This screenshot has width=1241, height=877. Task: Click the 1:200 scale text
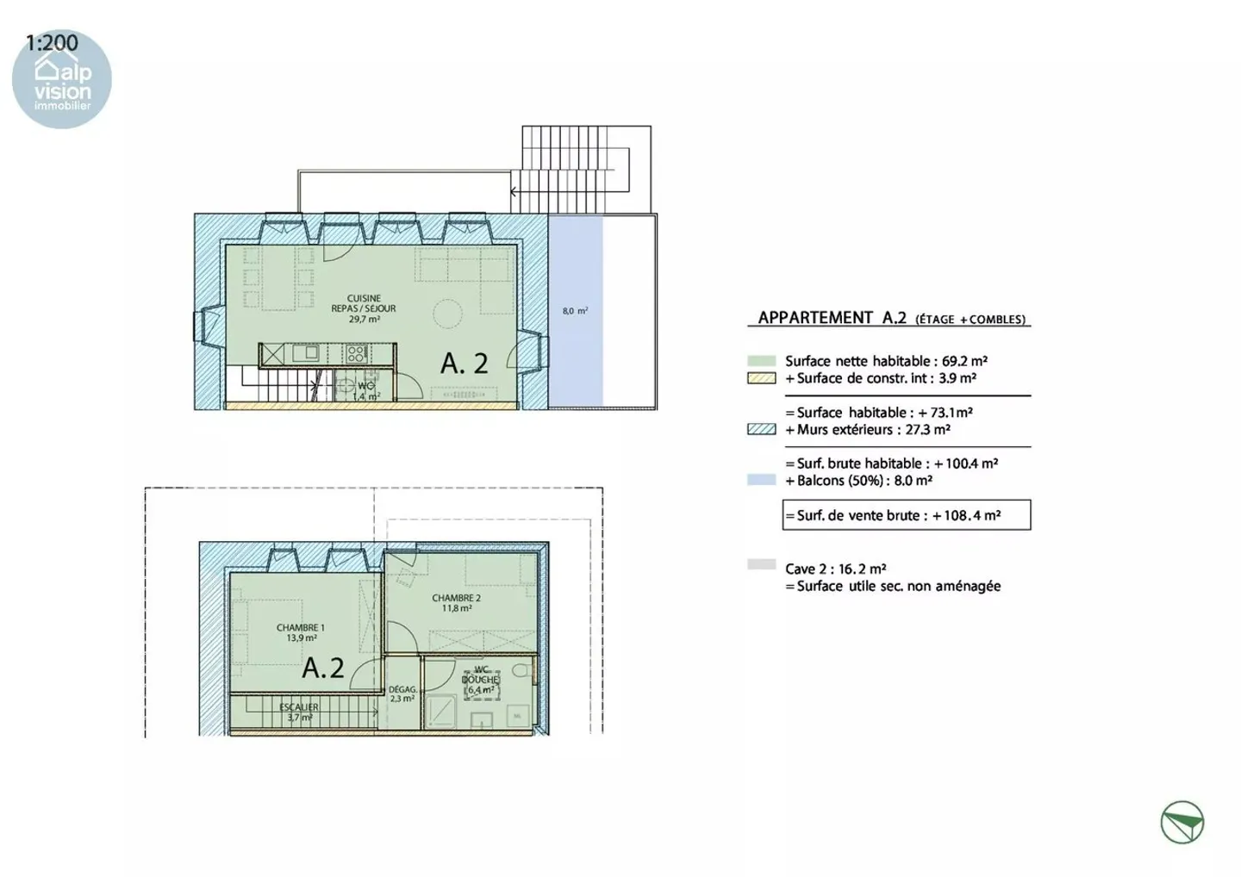pyautogui.click(x=52, y=42)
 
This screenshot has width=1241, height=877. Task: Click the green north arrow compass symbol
pyautogui.click(x=1182, y=822)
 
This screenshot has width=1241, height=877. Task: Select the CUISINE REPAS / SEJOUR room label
pyautogui.click(x=364, y=308)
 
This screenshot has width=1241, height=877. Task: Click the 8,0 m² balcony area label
pyautogui.click(x=575, y=311)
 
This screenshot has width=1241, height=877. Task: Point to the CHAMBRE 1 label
pyautogui.click(x=301, y=633)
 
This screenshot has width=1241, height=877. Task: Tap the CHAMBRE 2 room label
pyautogui.click(x=457, y=603)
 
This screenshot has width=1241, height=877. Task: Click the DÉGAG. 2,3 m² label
pyautogui.click(x=402, y=694)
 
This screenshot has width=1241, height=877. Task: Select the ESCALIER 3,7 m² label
pyautogui.click(x=299, y=712)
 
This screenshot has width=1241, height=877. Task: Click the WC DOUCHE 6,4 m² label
pyautogui.click(x=481, y=681)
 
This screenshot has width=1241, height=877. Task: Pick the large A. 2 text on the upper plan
pyautogui.click(x=465, y=364)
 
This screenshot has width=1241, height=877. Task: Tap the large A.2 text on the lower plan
pyautogui.click(x=323, y=668)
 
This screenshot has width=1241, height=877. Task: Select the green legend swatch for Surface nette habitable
pyautogui.click(x=761, y=361)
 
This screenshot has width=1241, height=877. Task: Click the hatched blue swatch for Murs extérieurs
pyautogui.click(x=761, y=429)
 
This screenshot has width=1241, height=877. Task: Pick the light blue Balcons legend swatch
pyautogui.click(x=761, y=480)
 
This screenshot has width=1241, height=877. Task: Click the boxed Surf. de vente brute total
pyautogui.click(x=906, y=515)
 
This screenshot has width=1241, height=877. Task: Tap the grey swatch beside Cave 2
pyautogui.click(x=761, y=565)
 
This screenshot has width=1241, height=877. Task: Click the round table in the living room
pyautogui.click(x=447, y=313)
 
